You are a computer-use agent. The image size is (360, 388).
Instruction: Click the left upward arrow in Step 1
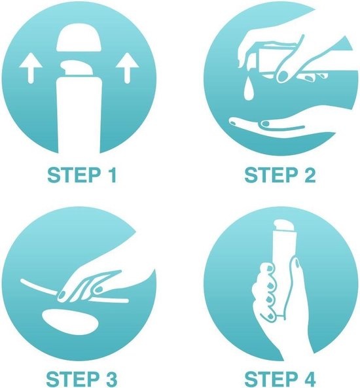coord(31,67)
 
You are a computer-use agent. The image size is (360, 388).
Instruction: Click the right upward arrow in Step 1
coord(127,67)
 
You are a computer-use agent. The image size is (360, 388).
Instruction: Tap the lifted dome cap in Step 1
coord(79,37)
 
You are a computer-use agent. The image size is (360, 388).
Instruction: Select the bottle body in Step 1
coord(79,115)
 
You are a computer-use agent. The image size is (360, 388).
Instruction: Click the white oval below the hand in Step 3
coord(70,322)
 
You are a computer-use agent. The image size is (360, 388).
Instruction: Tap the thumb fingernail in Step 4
coord(297,264)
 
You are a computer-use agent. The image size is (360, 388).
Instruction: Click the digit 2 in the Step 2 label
coord(310,175)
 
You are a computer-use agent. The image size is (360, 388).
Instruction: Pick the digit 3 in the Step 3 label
coord(109,379)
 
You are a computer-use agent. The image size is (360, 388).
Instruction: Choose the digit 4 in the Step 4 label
coord(309,379)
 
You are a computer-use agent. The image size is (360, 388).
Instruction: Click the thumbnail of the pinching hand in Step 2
coord(283,77)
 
